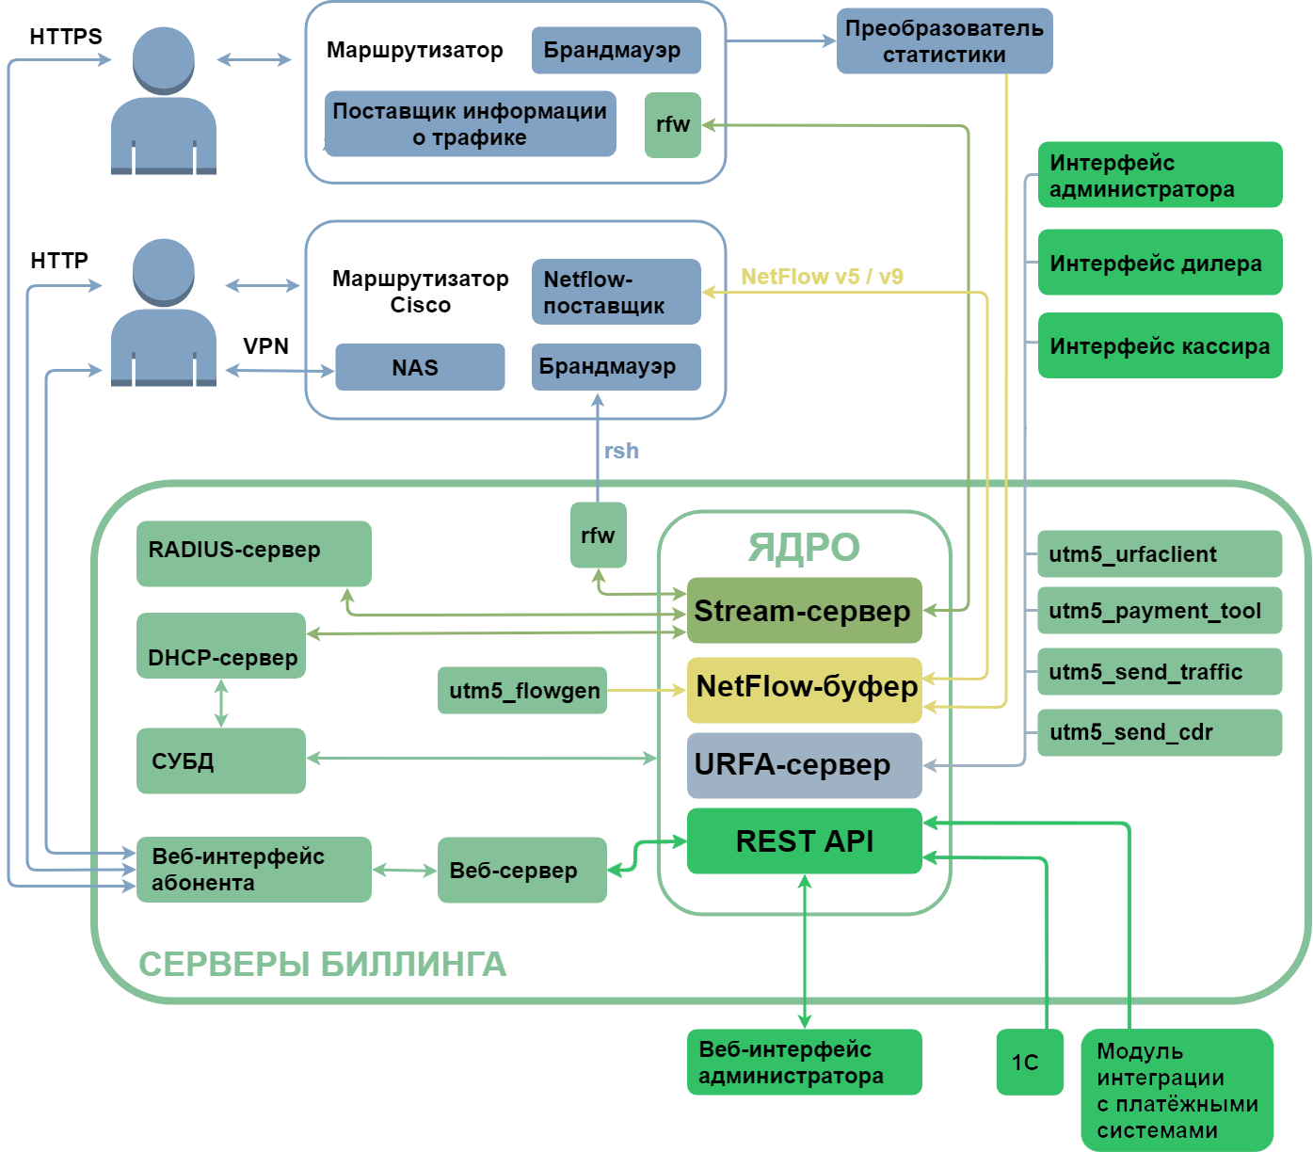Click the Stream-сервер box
coord(804,611)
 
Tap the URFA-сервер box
coord(804,765)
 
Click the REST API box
coord(804,840)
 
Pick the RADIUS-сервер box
coord(253,553)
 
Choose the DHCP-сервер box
coord(221,646)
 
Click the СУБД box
coord(221,760)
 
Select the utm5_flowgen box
coord(522,691)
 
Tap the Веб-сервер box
coord(521,871)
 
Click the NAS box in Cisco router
coord(420,367)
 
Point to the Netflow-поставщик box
coord(616,292)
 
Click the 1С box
coord(1030,1062)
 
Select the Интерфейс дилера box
coord(1160,263)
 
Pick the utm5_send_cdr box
coord(1160,732)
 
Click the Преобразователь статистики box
coord(944,41)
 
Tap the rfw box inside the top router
coord(672,124)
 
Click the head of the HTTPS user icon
coord(164,58)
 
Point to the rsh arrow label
coord(621,451)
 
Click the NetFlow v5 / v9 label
coord(822,277)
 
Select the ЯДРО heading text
coord(804,547)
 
